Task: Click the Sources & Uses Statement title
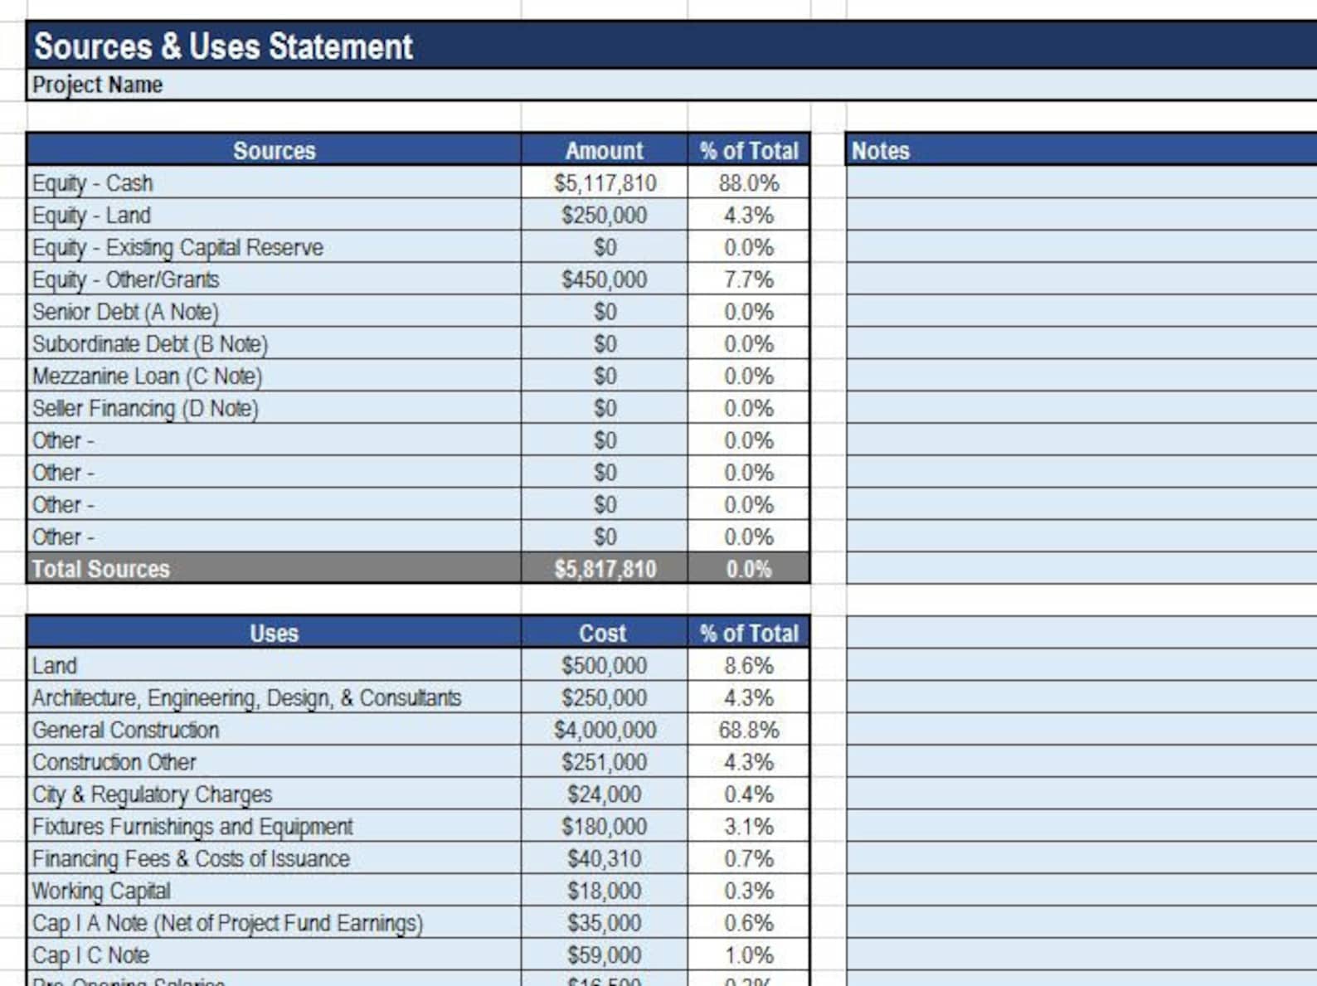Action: [x=223, y=46]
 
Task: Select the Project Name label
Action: [x=97, y=85]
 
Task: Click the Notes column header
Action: [x=880, y=151]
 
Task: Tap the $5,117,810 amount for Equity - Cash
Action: [x=605, y=183]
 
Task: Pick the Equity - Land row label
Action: [x=91, y=216]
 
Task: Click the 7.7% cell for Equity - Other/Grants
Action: [x=748, y=279]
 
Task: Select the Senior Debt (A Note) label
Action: [x=125, y=312]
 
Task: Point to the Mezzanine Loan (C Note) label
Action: [x=147, y=376]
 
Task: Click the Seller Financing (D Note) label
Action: [x=145, y=409]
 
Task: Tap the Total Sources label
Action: [x=100, y=569]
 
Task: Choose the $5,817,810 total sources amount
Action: [x=605, y=569]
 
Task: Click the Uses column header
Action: [x=274, y=634]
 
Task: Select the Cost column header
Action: [x=603, y=634]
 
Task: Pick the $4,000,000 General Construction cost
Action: [x=605, y=731]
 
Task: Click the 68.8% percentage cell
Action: [x=748, y=731]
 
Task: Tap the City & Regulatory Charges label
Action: [x=152, y=794]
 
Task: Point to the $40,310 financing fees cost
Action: [x=604, y=859]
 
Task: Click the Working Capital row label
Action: [x=101, y=891]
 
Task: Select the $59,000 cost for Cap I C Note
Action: [x=604, y=955]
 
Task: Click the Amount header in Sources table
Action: [x=604, y=151]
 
